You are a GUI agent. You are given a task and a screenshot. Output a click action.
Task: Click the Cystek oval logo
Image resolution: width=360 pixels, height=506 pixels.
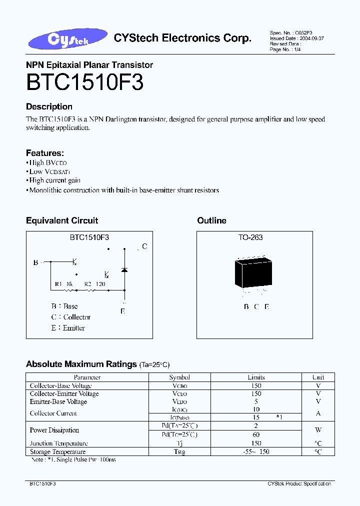point(68,39)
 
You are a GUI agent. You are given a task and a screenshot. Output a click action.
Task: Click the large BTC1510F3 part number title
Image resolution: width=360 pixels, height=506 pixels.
point(84,83)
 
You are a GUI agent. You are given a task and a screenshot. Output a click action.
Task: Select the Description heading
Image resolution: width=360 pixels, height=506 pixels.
point(49,106)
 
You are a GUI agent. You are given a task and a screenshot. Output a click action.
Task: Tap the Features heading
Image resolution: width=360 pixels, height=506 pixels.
point(44,153)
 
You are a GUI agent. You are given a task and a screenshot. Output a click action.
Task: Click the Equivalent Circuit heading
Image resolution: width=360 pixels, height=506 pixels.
point(62,220)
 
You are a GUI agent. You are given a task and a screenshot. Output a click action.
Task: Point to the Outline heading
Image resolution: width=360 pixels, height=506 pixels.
point(211,220)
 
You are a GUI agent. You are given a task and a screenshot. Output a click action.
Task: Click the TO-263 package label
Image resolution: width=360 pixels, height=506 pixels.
point(250,237)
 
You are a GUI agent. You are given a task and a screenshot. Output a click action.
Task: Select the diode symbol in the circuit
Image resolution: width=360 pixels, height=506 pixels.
point(124,270)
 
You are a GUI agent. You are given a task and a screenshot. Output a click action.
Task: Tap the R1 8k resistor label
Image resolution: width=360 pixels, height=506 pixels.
point(64,284)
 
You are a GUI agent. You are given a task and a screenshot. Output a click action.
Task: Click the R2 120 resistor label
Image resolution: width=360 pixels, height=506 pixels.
point(94,284)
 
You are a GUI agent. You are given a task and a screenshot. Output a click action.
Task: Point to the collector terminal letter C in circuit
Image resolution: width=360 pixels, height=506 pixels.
point(144,246)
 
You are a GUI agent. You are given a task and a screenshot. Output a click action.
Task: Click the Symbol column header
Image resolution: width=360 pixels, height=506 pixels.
point(179,377)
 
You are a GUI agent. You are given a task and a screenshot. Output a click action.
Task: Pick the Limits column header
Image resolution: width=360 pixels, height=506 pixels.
point(256,377)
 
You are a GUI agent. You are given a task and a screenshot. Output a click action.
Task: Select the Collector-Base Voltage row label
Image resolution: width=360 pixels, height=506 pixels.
point(60,386)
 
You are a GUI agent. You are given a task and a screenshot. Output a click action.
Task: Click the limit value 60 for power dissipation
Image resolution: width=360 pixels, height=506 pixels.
point(256,434)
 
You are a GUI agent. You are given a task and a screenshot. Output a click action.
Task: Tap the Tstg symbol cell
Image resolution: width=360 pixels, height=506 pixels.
point(179,452)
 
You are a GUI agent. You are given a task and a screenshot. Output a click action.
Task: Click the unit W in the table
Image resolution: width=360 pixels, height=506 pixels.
point(318,430)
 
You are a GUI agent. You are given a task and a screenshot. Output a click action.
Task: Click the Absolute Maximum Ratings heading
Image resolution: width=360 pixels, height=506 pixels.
point(81,364)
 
